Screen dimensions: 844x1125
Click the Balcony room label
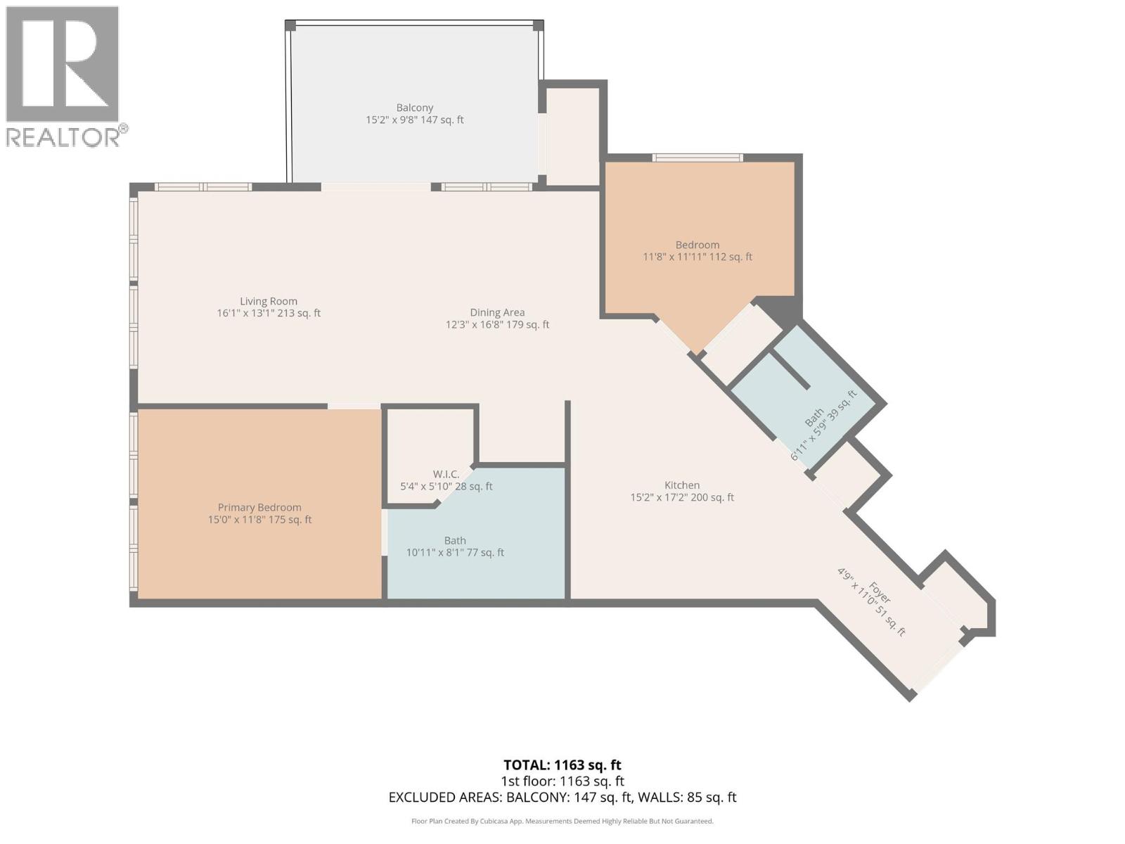tap(414, 108)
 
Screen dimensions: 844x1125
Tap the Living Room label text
tap(269, 301)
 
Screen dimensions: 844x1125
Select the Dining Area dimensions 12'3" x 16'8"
tap(497, 325)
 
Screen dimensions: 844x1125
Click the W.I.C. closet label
tap(446, 475)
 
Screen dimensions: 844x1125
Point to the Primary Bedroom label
tap(259, 507)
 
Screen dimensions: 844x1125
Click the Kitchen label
tap(682, 485)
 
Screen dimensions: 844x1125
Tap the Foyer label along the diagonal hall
tap(879, 592)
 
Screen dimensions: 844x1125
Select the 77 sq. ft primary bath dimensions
tap(455, 553)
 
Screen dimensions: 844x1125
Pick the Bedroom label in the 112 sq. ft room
tap(697, 245)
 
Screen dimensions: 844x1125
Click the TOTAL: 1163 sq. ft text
tap(562, 765)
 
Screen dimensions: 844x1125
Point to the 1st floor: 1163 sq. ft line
tap(562, 781)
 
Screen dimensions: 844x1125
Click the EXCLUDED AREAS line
tap(562, 798)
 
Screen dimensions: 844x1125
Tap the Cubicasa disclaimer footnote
tap(562, 821)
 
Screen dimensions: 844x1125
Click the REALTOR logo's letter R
tap(62, 63)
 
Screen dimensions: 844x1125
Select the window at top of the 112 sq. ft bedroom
tap(697, 158)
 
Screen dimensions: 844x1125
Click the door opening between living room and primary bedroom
tap(354, 406)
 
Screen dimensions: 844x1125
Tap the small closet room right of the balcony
tap(572, 134)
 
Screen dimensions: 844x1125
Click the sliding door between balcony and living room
tap(375, 187)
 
